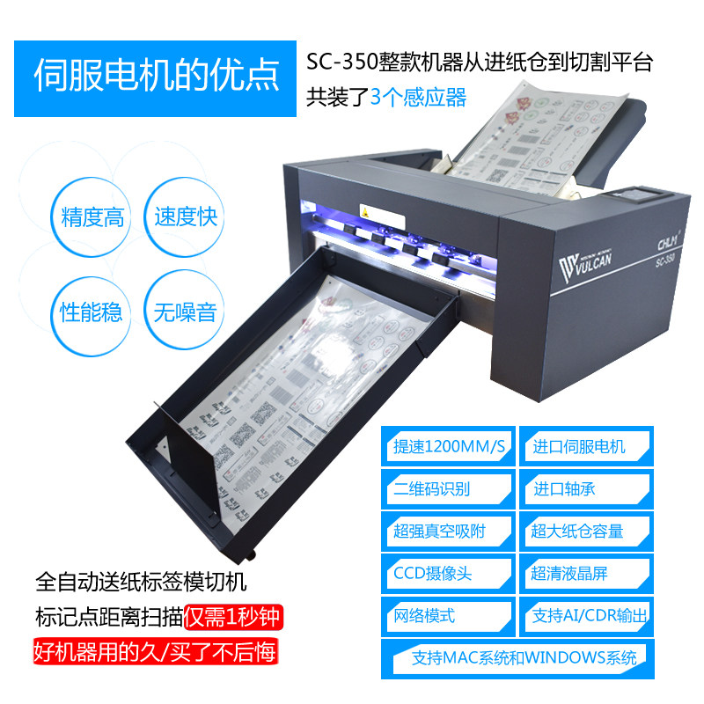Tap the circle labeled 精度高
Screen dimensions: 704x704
tap(92, 217)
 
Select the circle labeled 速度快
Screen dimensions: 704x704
tap(185, 216)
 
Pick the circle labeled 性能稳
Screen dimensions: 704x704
tap(92, 312)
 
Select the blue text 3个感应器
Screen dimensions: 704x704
tap(418, 97)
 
